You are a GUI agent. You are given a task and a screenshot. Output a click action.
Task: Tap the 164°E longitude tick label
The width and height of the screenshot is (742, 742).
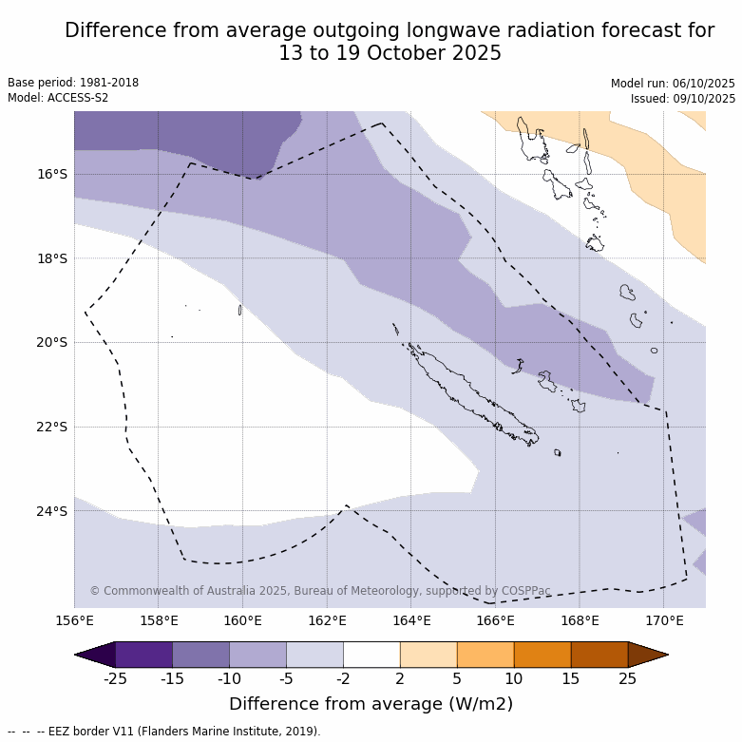pyautogui.click(x=411, y=621)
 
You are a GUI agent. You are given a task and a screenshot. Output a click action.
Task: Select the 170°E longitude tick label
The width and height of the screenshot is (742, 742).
pyautogui.click(x=664, y=621)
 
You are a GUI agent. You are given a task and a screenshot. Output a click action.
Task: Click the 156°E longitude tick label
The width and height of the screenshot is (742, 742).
pyautogui.click(x=74, y=621)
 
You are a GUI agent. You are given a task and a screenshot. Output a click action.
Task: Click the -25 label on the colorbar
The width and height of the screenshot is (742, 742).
pyautogui.click(x=115, y=678)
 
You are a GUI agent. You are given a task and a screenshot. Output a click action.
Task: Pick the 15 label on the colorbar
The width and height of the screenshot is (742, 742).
pyautogui.click(x=571, y=678)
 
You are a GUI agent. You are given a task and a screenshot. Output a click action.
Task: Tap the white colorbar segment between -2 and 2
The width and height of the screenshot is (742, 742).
pyautogui.click(x=371, y=655)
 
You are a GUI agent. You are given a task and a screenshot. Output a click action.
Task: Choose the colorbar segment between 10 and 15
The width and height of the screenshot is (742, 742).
pyautogui.click(x=542, y=655)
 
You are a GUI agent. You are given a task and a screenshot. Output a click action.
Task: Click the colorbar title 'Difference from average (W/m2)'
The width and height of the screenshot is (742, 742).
pyautogui.click(x=371, y=704)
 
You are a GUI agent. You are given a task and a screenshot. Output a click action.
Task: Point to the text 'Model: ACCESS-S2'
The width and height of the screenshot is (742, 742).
pyautogui.click(x=58, y=98)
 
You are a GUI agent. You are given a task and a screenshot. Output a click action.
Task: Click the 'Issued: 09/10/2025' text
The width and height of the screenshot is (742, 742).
pyautogui.click(x=682, y=99)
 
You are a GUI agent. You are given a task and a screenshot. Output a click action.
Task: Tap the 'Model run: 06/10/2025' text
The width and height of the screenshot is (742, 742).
pyautogui.click(x=673, y=84)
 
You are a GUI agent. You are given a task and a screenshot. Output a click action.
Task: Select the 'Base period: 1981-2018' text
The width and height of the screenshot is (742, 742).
pyautogui.click(x=73, y=83)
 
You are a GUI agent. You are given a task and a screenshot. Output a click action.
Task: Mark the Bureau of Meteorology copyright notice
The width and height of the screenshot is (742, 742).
pyautogui.click(x=320, y=591)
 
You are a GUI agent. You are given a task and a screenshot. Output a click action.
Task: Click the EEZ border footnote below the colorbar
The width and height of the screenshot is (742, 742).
pyautogui.click(x=163, y=732)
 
